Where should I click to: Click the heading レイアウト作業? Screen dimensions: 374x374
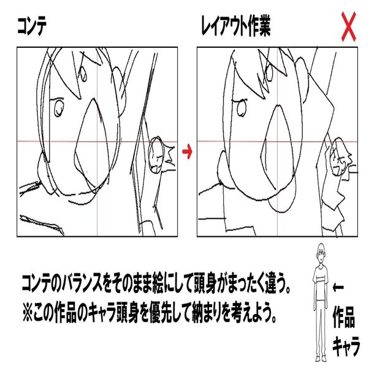coord(235,27)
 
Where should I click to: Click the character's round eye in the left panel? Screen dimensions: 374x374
coord(59,109)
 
